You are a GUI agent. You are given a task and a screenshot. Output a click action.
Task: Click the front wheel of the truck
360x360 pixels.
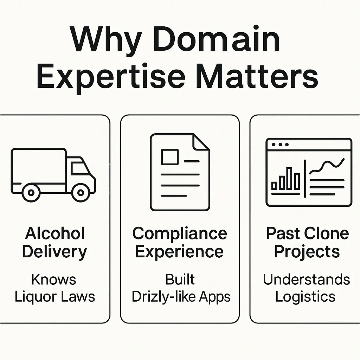point(81,192)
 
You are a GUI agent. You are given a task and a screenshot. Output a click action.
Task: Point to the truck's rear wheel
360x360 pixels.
point(31,192)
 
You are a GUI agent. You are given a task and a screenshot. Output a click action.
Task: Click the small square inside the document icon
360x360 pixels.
point(169,157)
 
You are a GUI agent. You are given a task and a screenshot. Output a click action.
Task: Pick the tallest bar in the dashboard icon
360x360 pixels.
point(289,178)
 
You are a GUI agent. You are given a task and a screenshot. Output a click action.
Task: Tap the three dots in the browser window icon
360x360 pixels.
point(281,144)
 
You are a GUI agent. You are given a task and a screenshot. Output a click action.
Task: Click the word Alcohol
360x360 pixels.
point(55,233)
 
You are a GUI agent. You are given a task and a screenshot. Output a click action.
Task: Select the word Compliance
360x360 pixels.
point(180,233)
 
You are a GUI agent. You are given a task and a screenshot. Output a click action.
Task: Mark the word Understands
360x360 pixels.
point(307,279)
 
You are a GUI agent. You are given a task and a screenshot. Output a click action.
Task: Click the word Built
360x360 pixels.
point(180,279)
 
